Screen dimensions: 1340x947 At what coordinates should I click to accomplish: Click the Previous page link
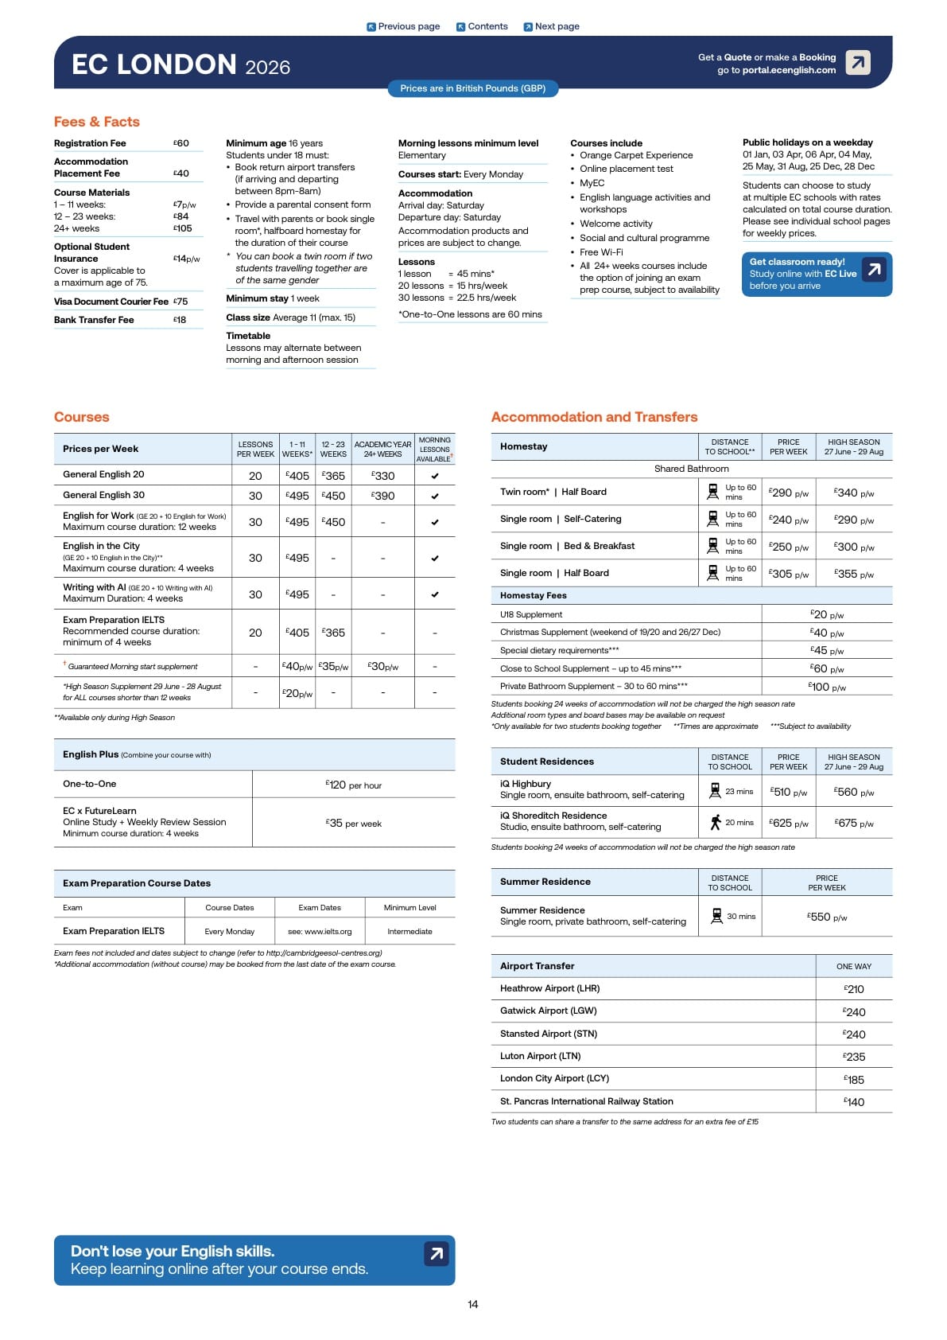coord(403,26)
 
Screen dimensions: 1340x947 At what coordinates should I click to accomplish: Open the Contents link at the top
coord(482,26)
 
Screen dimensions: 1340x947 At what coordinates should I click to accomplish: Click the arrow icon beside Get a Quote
coord(858,62)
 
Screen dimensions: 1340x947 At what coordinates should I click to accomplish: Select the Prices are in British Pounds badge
coord(472,88)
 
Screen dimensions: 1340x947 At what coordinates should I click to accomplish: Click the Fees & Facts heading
coord(97,122)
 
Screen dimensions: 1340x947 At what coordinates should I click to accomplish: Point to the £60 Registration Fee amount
coord(181,143)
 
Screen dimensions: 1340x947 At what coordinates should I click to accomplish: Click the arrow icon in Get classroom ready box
coord(874,270)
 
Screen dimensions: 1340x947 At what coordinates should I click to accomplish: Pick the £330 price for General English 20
coord(383,476)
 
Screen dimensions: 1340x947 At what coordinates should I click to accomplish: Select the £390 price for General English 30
coord(383,496)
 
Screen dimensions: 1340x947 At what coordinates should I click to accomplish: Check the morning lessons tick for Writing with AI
coord(435,594)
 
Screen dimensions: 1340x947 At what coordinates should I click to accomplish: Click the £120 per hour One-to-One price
coord(354,785)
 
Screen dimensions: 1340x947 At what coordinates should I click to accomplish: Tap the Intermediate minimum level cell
coord(409,931)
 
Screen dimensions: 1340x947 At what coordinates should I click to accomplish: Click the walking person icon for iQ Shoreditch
coord(716,822)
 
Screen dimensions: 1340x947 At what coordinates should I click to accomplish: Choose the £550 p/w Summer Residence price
coord(827,917)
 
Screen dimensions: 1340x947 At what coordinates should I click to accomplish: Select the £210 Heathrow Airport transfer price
coord(854,989)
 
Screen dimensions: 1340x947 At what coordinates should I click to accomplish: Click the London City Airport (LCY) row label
coord(554,1078)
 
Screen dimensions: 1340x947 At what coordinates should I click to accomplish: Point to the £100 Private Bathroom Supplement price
coord(827,687)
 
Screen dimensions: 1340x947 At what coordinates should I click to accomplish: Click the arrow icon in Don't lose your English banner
coord(436,1254)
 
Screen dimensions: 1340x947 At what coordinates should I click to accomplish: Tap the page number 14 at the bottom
coord(473,1304)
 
